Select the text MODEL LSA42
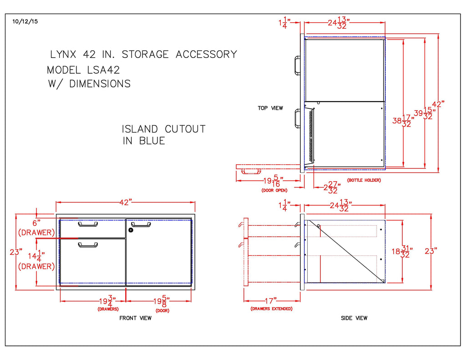pyautogui.click(x=83, y=70)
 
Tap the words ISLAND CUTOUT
pyautogui.click(x=164, y=129)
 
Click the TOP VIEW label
pyautogui.click(x=270, y=108)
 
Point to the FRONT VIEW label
pyautogui.click(x=135, y=318)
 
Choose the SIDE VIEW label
pyautogui.click(x=354, y=318)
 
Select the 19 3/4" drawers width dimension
pyautogui.click(x=108, y=301)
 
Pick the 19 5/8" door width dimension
pyautogui.click(x=162, y=301)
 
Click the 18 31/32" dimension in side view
pyautogui.click(x=403, y=251)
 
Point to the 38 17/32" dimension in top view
pyautogui.click(x=403, y=121)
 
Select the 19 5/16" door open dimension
pyautogui.click(x=274, y=181)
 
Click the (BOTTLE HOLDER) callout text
pyautogui.click(x=364, y=180)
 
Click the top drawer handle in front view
pyautogui.click(x=88, y=224)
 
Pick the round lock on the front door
pyautogui.click(x=131, y=230)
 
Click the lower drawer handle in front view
pyautogui.click(x=88, y=245)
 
